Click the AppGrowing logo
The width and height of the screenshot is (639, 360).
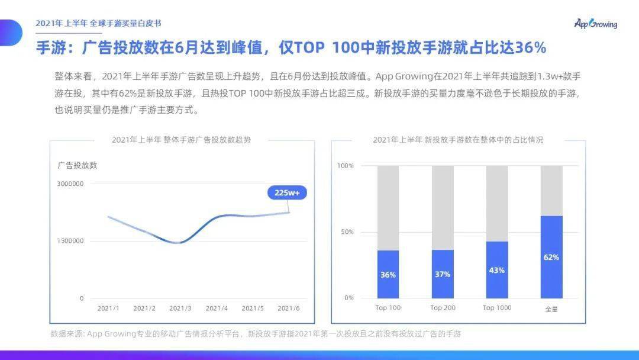click(595, 24)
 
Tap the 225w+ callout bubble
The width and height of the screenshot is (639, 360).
click(287, 192)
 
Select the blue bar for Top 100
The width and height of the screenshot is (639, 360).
click(388, 274)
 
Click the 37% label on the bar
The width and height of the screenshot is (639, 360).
click(443, 274)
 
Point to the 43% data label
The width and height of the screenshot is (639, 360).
click(497, 270)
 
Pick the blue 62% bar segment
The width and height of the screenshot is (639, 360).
click(551, 257)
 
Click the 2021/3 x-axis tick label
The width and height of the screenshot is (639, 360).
click(180, 308)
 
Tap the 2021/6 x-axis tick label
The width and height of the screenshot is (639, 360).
click(289, 308)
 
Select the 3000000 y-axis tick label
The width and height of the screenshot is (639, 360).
click(70, 184)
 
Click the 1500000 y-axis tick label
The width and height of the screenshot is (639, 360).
click(70, 241)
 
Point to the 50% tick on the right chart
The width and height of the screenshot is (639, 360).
click(347, 232)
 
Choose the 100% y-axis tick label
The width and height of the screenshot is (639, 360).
click(346, 166)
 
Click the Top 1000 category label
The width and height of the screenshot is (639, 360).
click(497, 308)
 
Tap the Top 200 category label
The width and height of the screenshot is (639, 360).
click(443, 308)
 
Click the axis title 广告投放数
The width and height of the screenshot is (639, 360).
click(78, 165)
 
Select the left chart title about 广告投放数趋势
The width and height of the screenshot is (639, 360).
click(181, 140)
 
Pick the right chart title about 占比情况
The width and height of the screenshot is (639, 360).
click(458, 140)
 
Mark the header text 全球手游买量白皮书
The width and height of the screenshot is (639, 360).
click(125, 24)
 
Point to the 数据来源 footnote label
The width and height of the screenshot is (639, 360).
click(67, 334)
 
